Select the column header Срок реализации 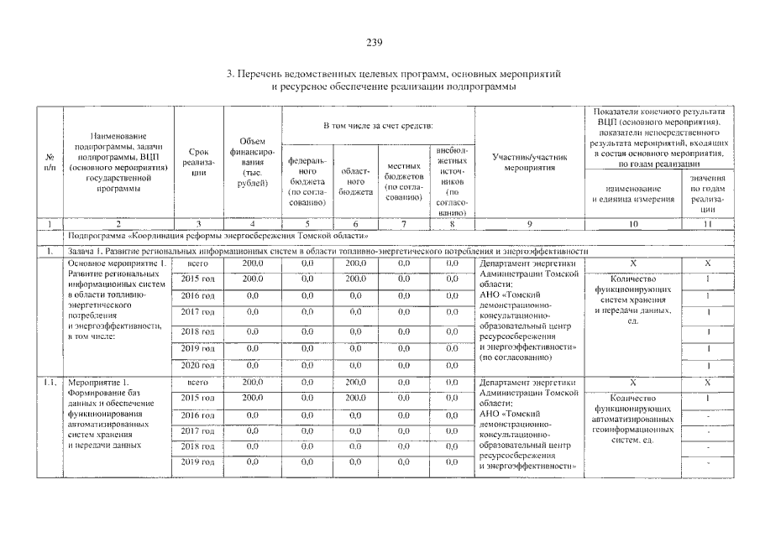click(x=198, y=162)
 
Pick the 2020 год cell click(x=198, y=365)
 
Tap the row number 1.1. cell click(x=50, y=383)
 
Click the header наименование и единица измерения click(x=633, y=195)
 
